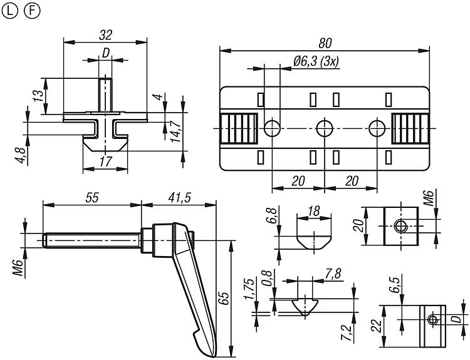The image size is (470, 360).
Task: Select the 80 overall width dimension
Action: tap(324, 43)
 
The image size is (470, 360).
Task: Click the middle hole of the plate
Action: tap(324, 128)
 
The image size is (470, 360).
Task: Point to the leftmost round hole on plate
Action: tap(272, 128)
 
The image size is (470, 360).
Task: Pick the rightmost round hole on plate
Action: tap(376, 128)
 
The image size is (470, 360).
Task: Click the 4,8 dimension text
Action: tap(21, 153)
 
